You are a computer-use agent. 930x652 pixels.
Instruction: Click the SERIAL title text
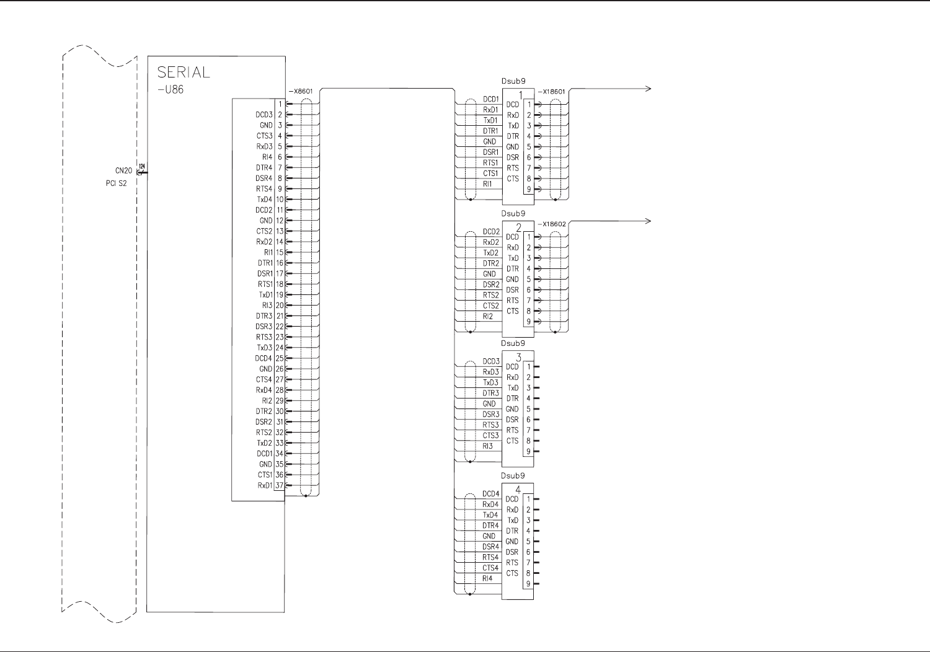(x=184, y=72)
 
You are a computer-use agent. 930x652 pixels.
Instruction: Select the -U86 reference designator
(x=170, y=89)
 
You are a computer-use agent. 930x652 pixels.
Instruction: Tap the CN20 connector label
(x=123, y=170)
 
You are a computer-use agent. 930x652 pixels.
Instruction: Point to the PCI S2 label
(x=116, y=183)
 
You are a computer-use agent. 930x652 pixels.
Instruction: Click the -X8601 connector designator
(x=301, y=92)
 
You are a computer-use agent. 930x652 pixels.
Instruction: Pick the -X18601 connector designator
(x=551, y=92)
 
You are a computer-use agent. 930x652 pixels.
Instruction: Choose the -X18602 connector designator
(x=551, y=224)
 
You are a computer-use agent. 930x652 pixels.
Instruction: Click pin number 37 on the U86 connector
(x=279, y=485)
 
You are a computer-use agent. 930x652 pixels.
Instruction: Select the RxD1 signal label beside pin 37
(x=265, y=485)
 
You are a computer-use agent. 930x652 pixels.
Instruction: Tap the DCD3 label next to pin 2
(x=264, y=115)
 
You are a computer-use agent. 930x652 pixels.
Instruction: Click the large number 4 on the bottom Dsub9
(x=518, y=490)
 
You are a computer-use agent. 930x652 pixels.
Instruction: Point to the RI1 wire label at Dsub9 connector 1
(x=488, y=184)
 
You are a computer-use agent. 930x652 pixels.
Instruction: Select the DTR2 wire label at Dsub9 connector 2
(x=491, y=263)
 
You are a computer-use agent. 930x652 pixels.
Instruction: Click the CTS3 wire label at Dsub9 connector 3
(x=491, y=436)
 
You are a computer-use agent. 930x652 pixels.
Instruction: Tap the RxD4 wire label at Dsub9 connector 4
(x=490, y=504)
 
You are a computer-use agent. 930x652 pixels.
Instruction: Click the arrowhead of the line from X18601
(x=649, y=89)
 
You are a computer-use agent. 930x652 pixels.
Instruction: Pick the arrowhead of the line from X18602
(x=649, y=221)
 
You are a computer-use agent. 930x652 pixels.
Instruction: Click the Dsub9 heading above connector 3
(x=513, y=343)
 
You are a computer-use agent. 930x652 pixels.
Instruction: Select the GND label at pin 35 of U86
(x=265, y=464)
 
